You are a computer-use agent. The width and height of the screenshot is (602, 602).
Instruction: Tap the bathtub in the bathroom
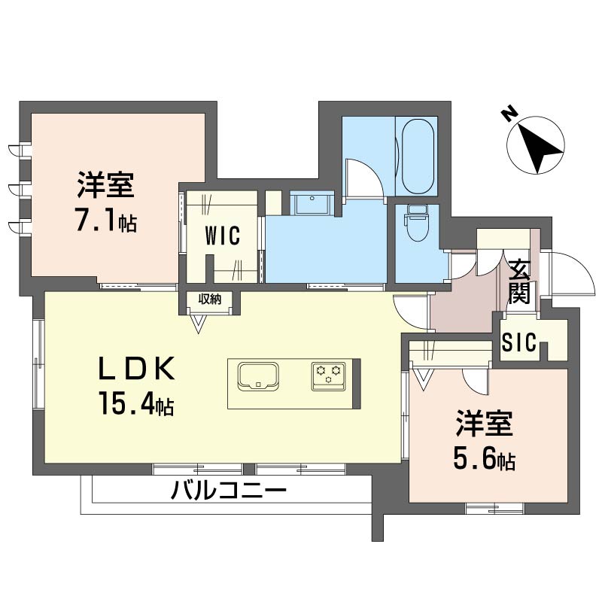click(418, 156)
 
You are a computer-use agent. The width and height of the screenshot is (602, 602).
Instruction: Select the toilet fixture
click(416, 223)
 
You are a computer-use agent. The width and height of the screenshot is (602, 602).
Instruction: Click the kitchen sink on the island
click(258, 375)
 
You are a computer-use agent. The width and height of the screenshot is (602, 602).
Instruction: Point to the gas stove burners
click(329, 375)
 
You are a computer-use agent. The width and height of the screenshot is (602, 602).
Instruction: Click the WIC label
click(223, 236)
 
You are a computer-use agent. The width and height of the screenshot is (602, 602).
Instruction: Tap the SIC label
click(520, 344)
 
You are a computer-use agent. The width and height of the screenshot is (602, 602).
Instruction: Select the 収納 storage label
click(210, 299)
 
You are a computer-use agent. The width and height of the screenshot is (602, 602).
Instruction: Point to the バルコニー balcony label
click(229, 492)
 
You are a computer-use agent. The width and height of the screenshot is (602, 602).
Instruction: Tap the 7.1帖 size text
click(105, 222)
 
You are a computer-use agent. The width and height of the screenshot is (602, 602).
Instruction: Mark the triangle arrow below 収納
click(199, 324)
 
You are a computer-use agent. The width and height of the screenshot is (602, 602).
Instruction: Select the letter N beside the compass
click(509, 115)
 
